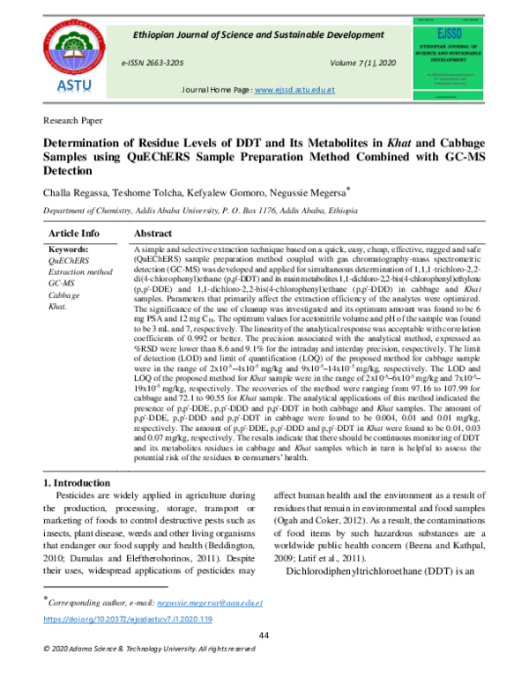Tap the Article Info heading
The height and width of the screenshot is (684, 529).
coord(73,233)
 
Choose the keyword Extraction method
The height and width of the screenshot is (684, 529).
coord(80,273)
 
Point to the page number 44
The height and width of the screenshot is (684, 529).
coord(263,636)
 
